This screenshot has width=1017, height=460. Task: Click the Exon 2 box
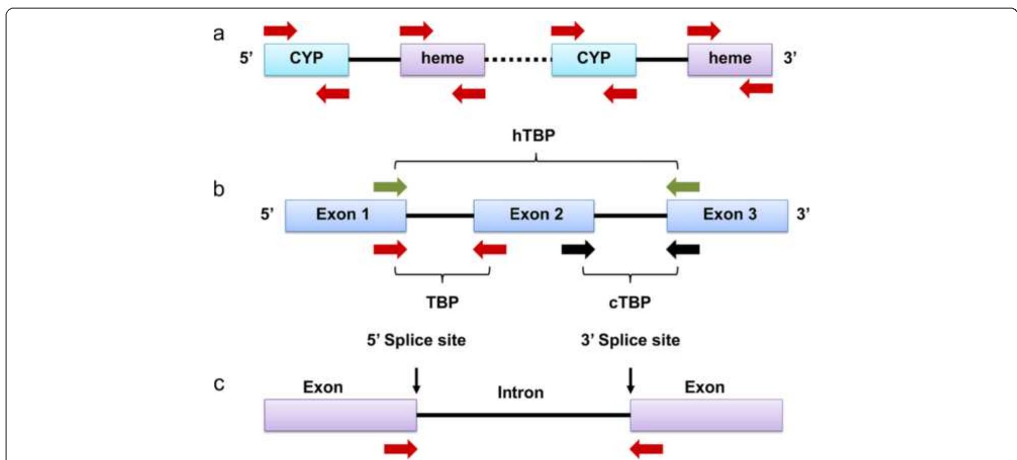[534, 216]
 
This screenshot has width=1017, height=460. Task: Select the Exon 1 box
[346, 216]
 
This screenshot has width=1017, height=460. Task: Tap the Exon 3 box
[727, 216]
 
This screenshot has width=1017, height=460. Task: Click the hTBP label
[533, 135]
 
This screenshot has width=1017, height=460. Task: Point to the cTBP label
[630, 302]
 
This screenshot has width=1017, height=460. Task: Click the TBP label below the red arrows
[442, 302]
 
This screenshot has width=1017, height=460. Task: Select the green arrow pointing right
[390, 187]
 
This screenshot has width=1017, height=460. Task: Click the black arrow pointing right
[578, 249]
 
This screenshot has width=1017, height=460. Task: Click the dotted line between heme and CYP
[518, 60]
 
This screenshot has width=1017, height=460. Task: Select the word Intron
[520, 392]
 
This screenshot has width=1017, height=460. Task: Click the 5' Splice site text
[416, 340]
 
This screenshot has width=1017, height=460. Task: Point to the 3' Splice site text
[630, 340]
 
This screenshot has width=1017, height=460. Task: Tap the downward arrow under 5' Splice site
[416, 381]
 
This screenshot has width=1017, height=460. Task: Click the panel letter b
[218, 189]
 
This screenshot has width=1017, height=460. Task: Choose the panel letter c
[218, 384]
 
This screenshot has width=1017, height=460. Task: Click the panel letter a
[218, 34]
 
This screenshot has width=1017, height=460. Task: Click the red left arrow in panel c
[646, 448]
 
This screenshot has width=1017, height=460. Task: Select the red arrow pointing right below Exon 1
[390, 249]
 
